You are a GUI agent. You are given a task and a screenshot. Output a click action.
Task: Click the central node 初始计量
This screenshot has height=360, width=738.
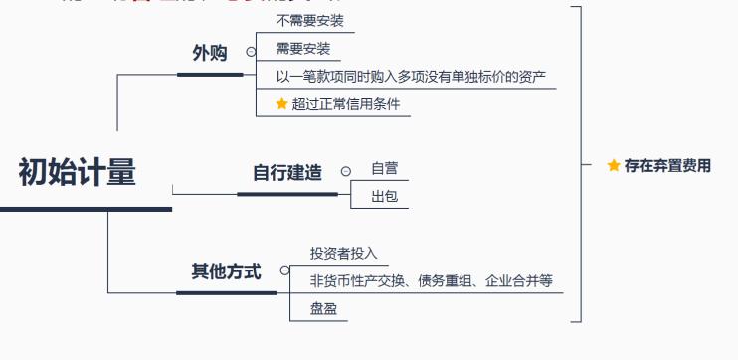78,173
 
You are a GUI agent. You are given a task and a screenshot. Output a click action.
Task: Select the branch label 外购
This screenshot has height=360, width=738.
210,53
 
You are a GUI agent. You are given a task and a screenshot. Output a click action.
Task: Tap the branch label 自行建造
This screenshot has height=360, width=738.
287,172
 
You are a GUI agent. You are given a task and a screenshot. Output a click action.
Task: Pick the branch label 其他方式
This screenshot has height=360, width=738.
226,270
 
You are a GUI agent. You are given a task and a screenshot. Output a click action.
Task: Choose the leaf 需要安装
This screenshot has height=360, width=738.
303,49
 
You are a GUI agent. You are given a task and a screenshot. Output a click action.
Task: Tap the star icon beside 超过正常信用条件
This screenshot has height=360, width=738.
282,103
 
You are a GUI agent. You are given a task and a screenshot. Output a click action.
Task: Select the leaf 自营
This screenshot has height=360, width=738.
385,169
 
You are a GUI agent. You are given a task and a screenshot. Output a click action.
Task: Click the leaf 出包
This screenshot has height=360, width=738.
384,197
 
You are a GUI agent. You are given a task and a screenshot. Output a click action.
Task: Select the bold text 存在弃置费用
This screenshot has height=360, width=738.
667,166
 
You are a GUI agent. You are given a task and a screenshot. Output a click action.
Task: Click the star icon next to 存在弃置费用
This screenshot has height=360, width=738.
614,166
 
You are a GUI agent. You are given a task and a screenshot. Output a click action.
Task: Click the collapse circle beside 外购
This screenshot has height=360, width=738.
251,51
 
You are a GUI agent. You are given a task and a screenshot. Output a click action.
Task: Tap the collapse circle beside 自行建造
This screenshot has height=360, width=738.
345,171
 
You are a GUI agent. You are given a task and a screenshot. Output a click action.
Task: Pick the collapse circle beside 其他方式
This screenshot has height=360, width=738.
284,270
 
